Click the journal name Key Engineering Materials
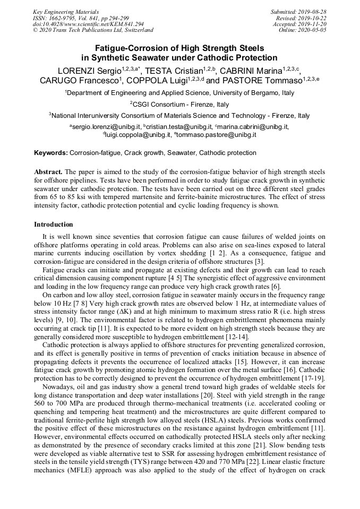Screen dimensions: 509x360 (66, 11)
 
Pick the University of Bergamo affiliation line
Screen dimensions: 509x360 (179, 93)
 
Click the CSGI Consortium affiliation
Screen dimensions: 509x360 (180, 104)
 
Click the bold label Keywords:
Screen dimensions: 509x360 (51, 153)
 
